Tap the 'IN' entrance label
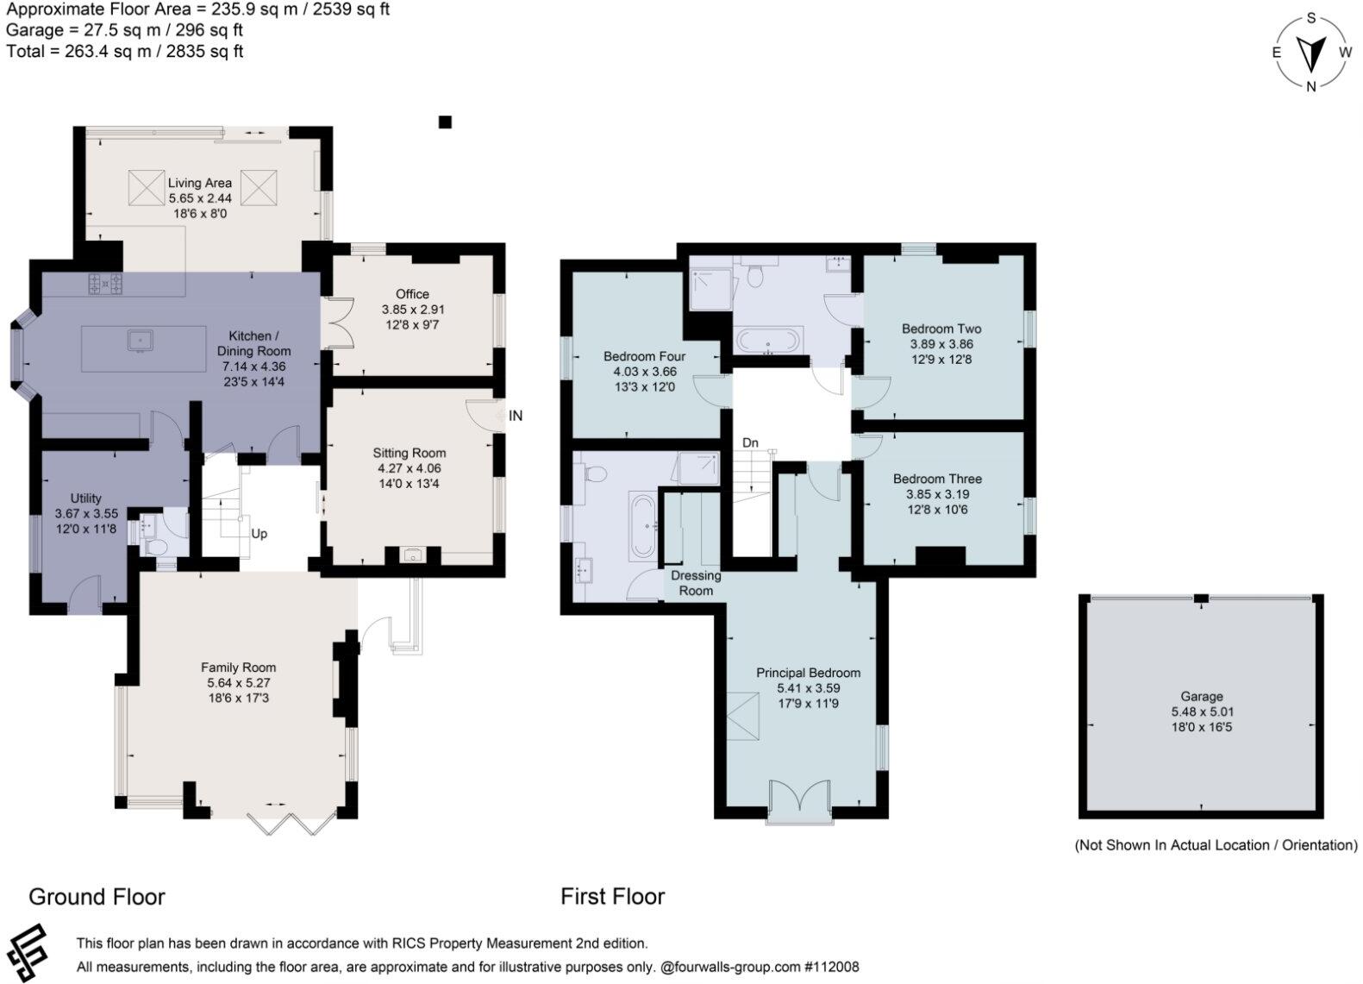(x=516, y=416)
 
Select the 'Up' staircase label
(x=259, y=534)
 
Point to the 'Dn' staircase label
(x=750, y=443)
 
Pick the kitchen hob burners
(x=105, y=284)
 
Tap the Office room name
(x=413, y=294)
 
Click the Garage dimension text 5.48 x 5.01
(x=1202, y=711)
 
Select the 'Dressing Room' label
(x=696, y=583)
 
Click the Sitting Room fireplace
(x=413, y=555)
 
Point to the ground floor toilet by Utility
(x=156, y=547)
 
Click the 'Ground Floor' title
(x=97, y=897)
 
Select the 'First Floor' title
(x=613, y=896)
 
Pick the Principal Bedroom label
(x=808, y=673)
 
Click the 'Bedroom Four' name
(x=644, y=356)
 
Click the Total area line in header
(x=125, y=51)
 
